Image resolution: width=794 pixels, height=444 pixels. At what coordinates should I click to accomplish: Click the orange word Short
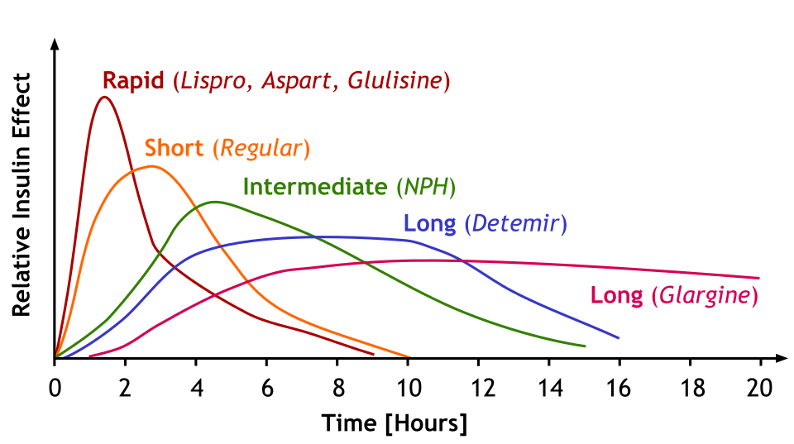coord(174,149)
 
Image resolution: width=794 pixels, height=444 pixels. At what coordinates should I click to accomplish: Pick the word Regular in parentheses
coord(261,150)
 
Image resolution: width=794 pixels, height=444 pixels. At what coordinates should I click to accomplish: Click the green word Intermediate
coord(315,187)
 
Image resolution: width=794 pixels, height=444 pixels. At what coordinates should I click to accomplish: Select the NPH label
coord(426,187)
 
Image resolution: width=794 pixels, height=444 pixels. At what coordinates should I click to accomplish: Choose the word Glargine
coord(704,295)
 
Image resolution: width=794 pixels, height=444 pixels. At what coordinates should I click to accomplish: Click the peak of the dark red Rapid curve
coord(104,97)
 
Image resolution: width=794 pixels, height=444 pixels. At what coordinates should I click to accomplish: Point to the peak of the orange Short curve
coord(151,166)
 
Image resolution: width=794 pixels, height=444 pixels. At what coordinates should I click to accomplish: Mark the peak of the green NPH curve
coord(215,202)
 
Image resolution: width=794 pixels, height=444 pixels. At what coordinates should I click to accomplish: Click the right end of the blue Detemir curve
coord(619,337)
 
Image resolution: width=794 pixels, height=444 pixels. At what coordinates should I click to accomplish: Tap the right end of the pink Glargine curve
coord(759,278)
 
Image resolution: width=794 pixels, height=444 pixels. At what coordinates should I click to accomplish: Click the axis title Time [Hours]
coord(395,423)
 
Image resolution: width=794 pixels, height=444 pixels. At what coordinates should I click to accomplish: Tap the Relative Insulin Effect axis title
coord(22,194)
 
